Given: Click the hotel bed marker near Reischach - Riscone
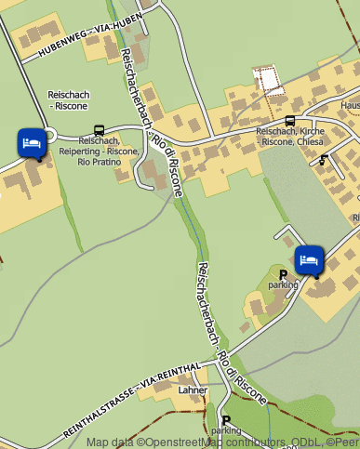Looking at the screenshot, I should click(x=32, y=143).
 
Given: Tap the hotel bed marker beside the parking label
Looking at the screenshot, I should click(x=309, y=259).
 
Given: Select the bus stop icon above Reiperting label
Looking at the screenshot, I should click(x=99, y=131).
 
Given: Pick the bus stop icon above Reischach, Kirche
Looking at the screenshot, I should click(x=290, y=121).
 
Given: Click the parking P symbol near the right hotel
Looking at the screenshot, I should click(x=283, y=274).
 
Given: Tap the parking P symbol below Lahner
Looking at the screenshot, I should click(x=225, y=419).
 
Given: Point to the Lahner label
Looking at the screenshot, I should click(x=193, y=390).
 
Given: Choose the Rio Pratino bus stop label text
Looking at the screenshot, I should click(x=98, y=163).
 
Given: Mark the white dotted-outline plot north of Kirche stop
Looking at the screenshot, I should click(x=270, y=81).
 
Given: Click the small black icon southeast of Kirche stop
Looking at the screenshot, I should click(x=323, y=161).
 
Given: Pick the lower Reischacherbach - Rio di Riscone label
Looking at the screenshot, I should click(x=228, y=329).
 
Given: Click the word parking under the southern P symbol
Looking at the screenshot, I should click(x=225, y=431).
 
